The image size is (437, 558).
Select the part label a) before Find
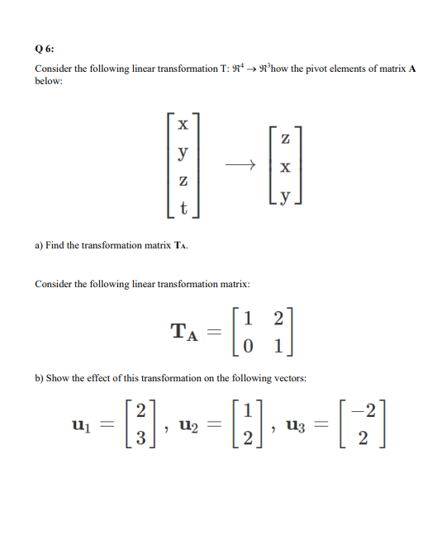(39, 245)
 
